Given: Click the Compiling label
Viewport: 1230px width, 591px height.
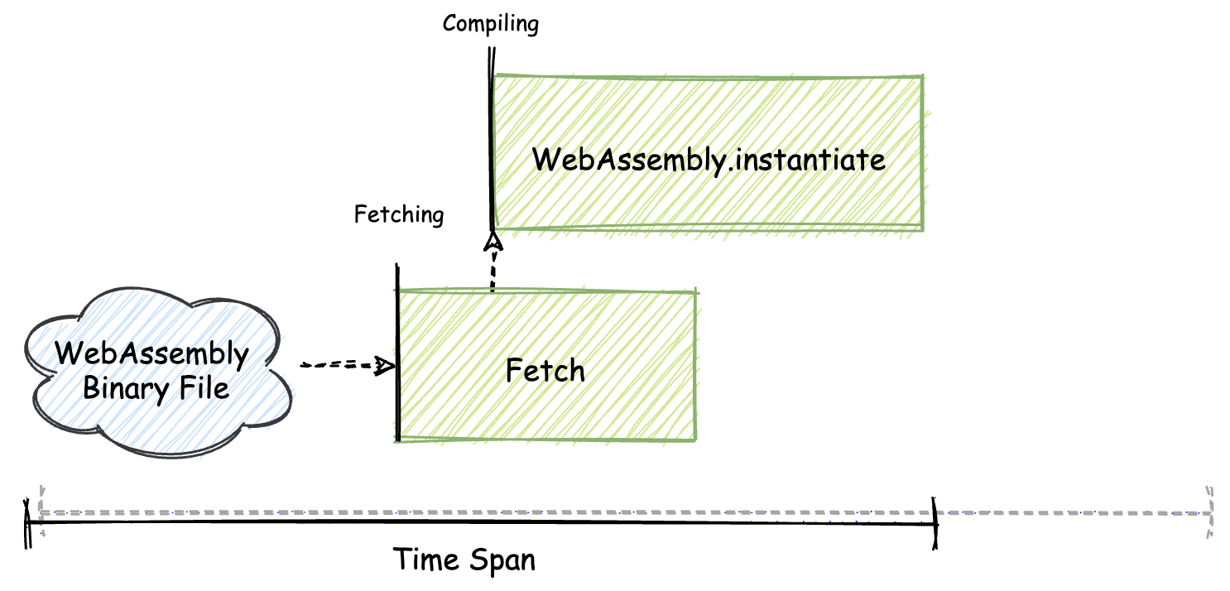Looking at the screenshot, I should [490, 23].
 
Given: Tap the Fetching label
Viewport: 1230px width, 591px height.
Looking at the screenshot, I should [399, 215].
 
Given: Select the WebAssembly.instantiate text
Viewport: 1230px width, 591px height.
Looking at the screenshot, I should [709, 159].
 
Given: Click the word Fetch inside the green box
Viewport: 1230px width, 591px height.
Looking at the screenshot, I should [545, 370].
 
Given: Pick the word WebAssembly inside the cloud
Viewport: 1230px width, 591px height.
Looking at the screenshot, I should [151, 354].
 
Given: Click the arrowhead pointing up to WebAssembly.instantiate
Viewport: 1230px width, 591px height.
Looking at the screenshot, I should [493, 241].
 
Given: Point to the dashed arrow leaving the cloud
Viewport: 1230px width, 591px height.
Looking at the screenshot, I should [339, 365].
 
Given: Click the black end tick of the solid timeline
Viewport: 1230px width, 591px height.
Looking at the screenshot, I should [936, 522].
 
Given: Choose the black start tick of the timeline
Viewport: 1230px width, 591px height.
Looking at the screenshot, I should [27, 522].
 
